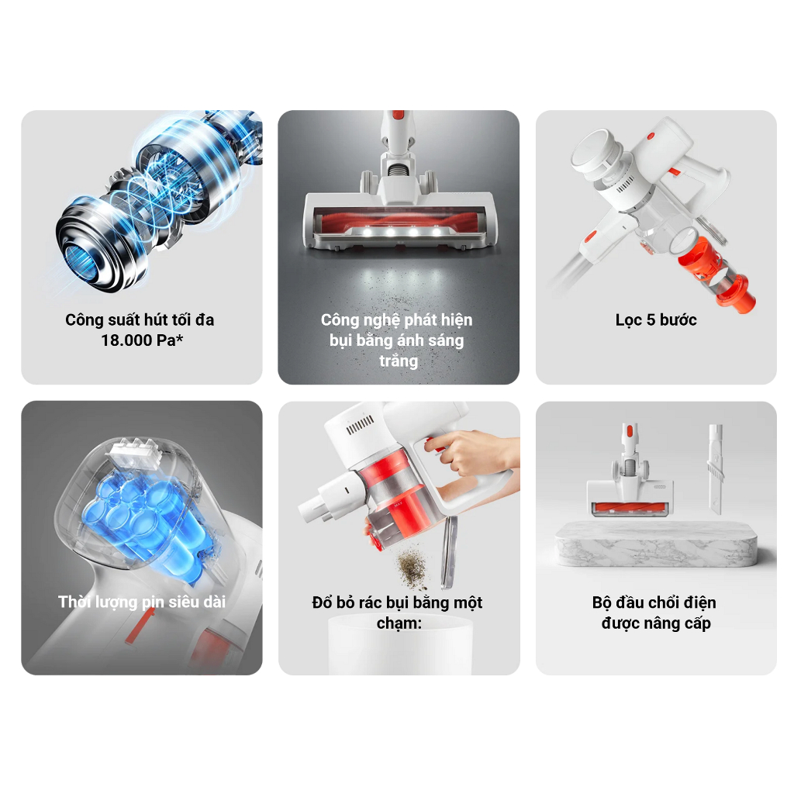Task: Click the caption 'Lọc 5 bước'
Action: coord(656,320)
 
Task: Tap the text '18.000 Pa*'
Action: coord(142,340)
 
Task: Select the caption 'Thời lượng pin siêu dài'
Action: coord(142,602)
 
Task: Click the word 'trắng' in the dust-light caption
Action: coord(399,361)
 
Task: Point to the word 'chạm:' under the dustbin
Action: coord(399,623)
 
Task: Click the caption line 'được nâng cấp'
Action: coord(656,623)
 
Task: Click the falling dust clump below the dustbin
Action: coord(413,566)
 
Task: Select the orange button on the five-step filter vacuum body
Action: coord(651,136)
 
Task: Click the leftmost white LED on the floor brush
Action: coord(367,232)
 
